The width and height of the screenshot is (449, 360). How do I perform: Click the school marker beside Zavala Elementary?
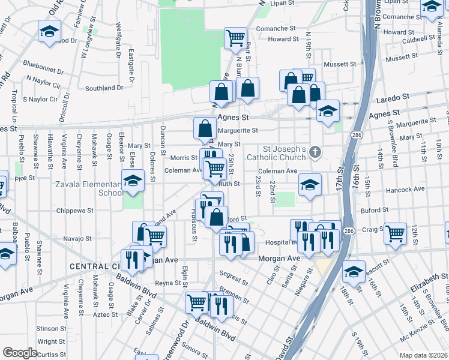[x=133, y=181]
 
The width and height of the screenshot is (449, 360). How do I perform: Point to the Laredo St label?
[x=393, y=96]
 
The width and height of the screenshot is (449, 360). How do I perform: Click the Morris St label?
[x=184, y=158]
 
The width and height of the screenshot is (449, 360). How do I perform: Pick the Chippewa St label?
[x=74, y=211]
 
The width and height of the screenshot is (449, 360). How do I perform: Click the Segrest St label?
[x=234, y=277]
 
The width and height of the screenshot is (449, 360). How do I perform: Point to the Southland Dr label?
[x=104, y=88]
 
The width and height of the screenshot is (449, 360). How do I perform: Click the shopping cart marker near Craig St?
[x=394, y=233]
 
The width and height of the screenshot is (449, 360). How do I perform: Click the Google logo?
[x=20, y=352]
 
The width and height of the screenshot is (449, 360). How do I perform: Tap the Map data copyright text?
[x=424, y=355]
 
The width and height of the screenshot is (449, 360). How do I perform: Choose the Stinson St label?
[x=51, y=329]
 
